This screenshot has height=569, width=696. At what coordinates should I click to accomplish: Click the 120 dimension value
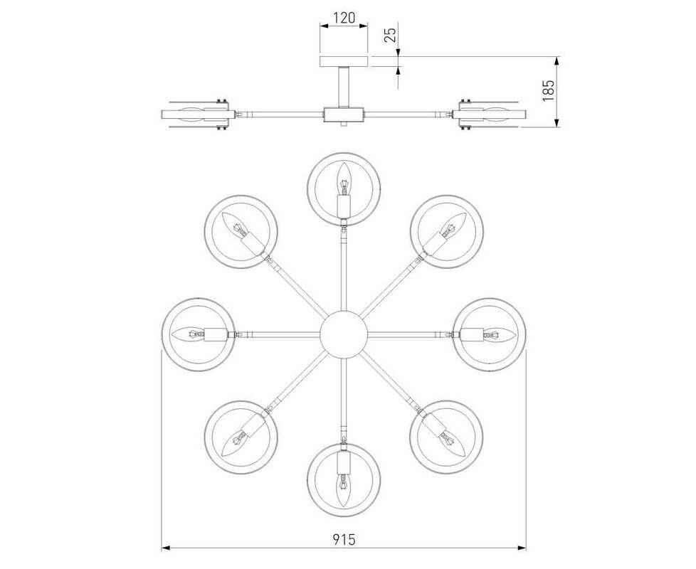click(344, 18)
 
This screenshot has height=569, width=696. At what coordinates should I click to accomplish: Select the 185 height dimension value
click(549, 91)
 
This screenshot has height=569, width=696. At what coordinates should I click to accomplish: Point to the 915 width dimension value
click(344, 539)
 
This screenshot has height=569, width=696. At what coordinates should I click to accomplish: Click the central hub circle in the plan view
click(344, 334)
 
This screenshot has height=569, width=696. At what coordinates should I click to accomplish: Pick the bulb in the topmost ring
click(343, 180)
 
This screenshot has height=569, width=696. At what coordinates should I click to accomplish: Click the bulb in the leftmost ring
click(189, 334)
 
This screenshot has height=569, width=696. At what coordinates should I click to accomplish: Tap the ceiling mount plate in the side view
click(344, 62)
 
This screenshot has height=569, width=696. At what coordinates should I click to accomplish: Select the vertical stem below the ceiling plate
click(344, 87)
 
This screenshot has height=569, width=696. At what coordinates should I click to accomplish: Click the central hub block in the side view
click(344, 115)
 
